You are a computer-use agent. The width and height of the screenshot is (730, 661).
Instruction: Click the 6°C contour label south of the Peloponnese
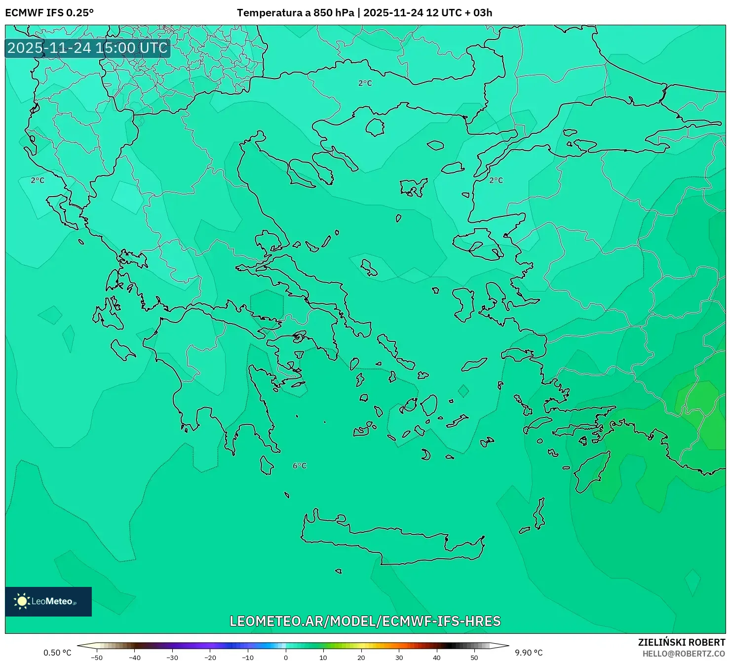300,466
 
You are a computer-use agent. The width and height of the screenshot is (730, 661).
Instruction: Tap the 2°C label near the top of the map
365,83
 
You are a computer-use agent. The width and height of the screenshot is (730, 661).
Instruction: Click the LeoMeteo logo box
48,601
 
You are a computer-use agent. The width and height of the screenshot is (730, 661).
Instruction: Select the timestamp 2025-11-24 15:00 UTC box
88,48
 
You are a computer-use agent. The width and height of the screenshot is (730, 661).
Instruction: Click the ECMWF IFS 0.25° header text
49,13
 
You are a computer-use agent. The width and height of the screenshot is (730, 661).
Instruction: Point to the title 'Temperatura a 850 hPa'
295,13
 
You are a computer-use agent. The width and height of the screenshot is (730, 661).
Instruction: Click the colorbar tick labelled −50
97,657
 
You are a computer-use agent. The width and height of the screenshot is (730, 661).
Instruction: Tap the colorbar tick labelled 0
286,657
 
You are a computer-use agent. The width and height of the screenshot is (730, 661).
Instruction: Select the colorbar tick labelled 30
399,657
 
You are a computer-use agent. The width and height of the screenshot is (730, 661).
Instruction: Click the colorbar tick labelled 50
474,657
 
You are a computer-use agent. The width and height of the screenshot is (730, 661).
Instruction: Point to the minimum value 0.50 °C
57,653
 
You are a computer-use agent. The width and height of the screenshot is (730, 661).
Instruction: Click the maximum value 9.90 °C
529,653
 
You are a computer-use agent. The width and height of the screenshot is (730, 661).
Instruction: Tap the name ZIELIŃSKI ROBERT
682,642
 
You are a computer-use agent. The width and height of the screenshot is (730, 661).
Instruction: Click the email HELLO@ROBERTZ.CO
684,654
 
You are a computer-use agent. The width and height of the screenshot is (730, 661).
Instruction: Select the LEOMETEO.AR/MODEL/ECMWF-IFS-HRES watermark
365,621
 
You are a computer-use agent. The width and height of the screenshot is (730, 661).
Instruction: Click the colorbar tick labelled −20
210,657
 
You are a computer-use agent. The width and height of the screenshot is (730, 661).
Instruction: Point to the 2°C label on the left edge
38,180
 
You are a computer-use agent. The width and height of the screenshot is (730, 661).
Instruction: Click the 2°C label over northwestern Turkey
496,180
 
